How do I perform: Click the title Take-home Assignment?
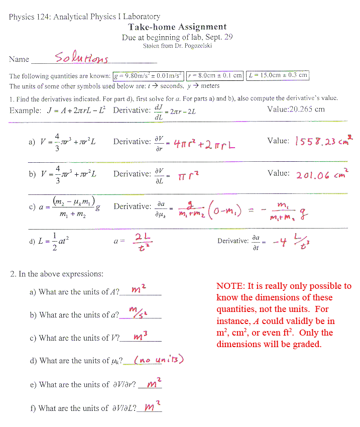(177, 27)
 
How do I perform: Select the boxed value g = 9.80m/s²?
(148, 75)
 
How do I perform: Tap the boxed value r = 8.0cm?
(214, 75)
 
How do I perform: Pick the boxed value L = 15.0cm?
(278, 75)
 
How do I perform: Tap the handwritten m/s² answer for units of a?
(136, 314)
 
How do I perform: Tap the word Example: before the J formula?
(25, 111)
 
